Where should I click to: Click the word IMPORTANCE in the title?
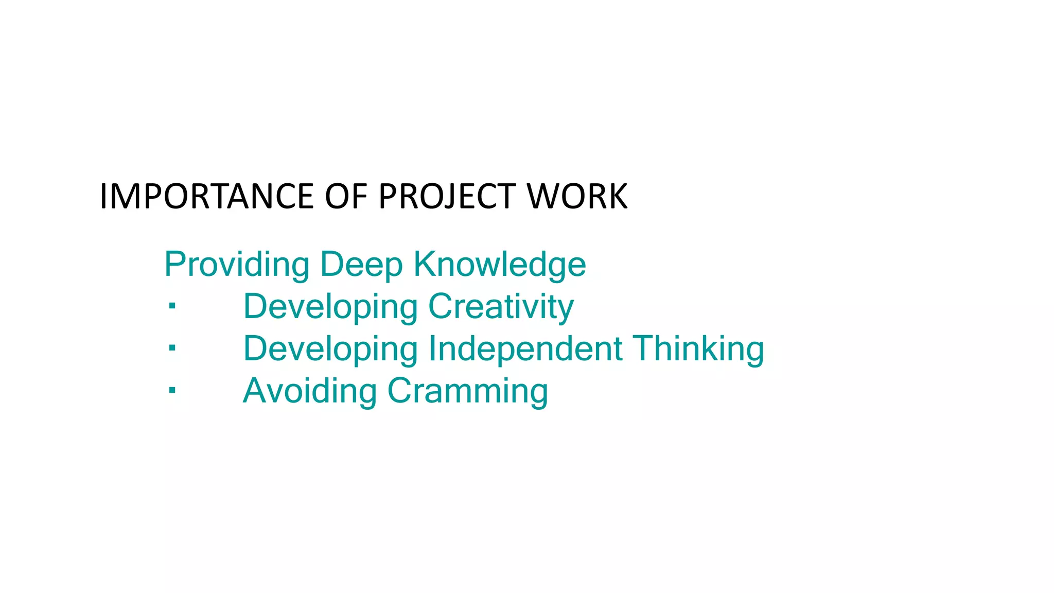click(x=206, y=197)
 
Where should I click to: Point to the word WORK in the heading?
click(x=577, y=197)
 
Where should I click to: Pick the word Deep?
click(x=361, y=265)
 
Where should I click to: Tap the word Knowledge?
click(x=500, y=265)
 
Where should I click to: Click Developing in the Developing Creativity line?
click(x=330, y=307)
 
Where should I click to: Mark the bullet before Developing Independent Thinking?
click(x=172, y=348)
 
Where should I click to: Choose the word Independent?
click(x=525, y=348)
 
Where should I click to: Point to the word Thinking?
click(x=698, y=348)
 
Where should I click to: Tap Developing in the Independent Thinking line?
click(x=330, y=348)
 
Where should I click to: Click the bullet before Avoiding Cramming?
click(x=172, y=391)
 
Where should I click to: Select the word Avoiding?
click(x=310, y=391)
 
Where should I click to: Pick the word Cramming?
click(x=467, y=391)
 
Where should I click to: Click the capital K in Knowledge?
click(x=425, y=264)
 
